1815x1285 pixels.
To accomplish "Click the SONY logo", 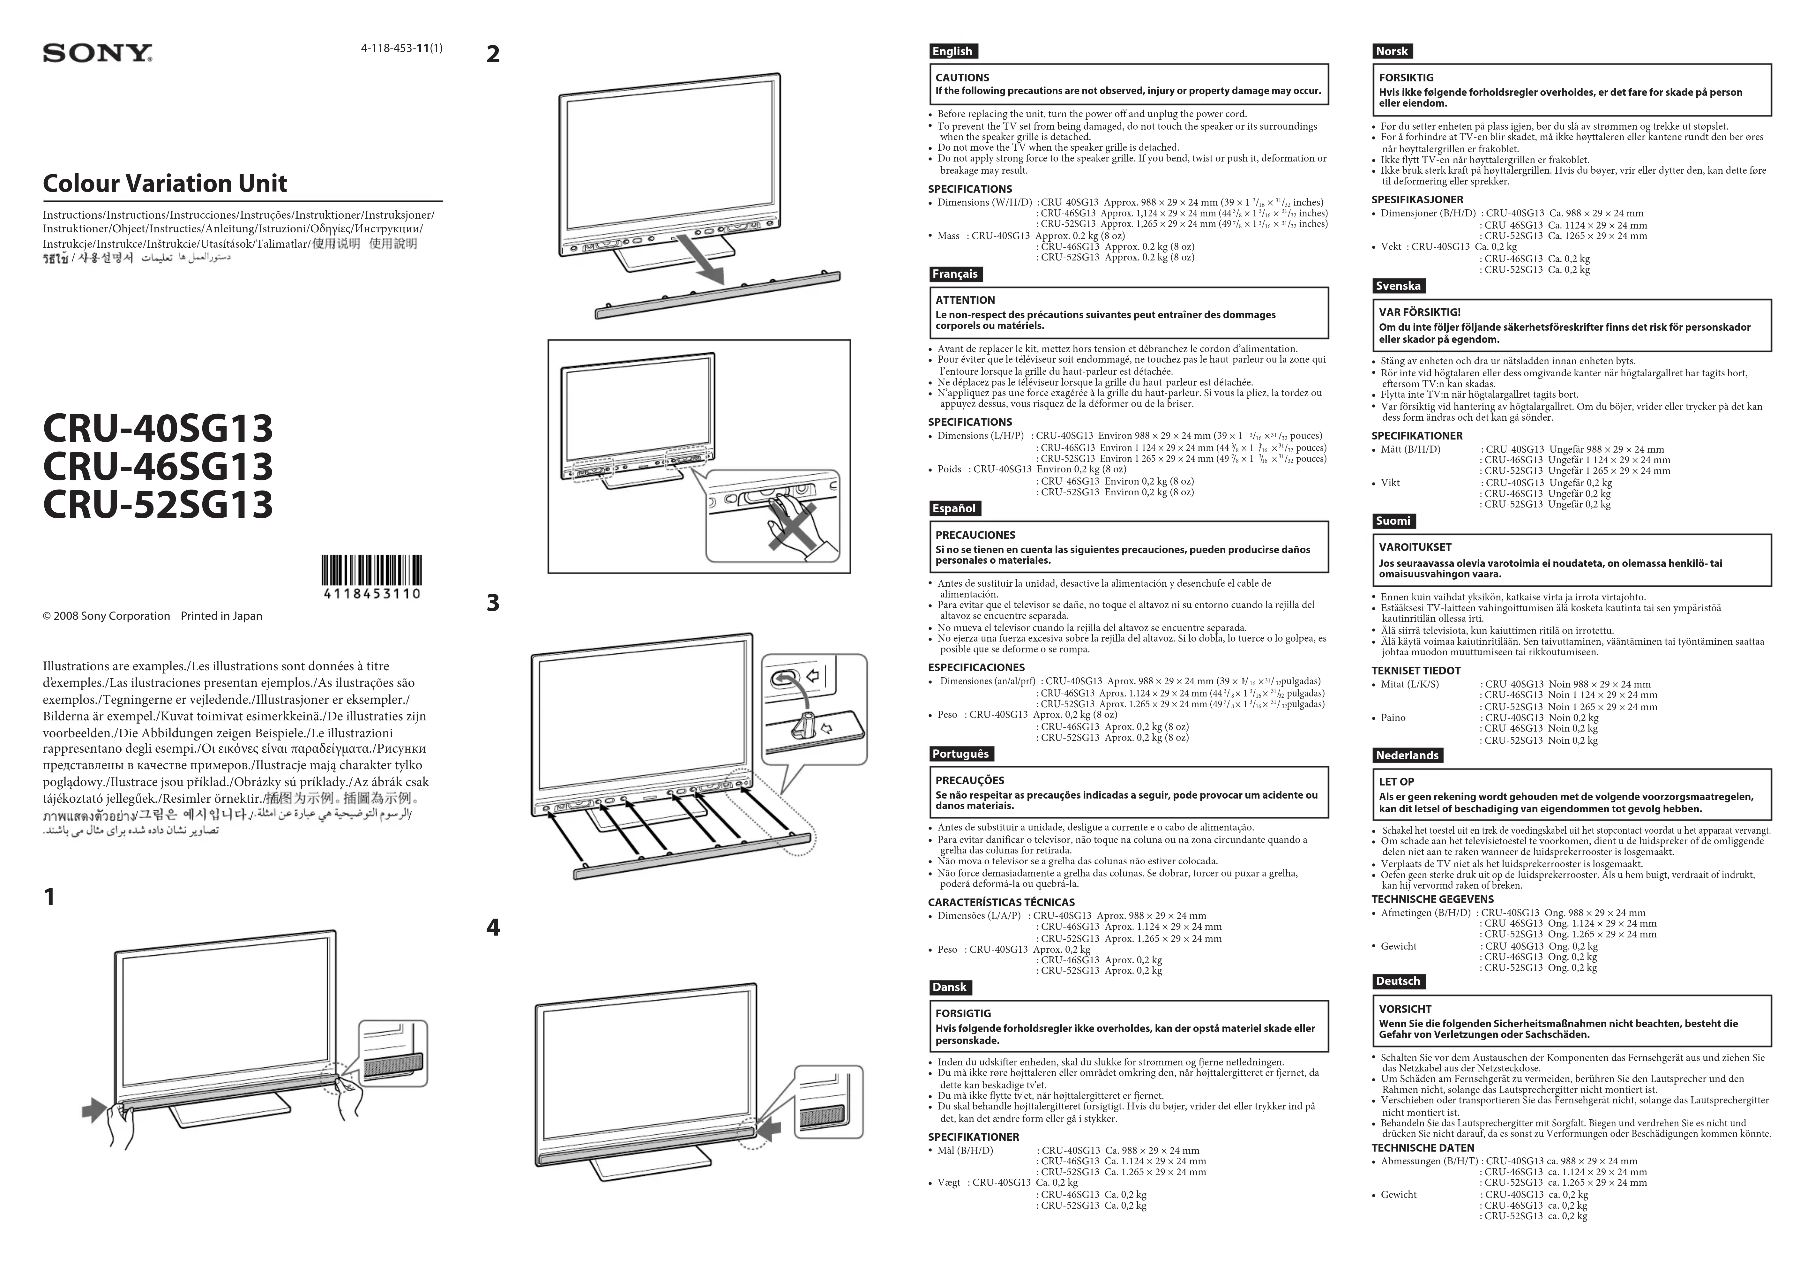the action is click(x=97, y=54).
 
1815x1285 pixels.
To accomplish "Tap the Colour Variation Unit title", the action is click(x=165, y=184).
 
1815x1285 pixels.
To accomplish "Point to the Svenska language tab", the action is click(x=1398, y=286).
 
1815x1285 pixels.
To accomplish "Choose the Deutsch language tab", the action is click(x=1398, y=981).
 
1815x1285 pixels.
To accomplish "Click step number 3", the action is click(x=493, y=603).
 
